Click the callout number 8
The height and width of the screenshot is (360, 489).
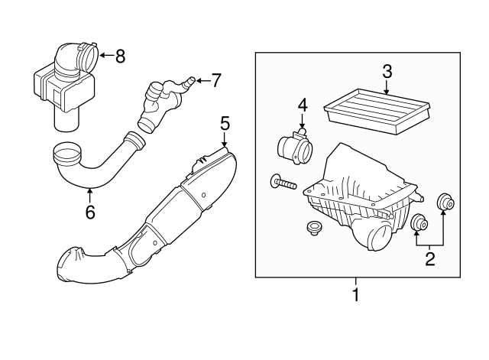tap(120, 57)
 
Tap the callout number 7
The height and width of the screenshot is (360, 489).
tap(215, 80)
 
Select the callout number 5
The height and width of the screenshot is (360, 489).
tap(225, 124)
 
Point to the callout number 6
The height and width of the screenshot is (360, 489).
tap(90, 212)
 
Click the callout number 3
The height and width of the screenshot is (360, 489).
tap(387, 71)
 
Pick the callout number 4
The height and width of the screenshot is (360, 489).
tap(303, 105)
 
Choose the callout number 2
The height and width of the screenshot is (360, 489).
tap(430, 259)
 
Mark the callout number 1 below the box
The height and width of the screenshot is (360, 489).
tap(356, 295)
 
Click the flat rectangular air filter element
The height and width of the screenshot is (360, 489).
tap(377, 111)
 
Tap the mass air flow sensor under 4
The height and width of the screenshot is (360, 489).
tap(293, 146)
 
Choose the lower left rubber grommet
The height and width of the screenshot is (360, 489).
tap(418, 223)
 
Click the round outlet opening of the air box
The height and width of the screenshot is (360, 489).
tap(381, 238)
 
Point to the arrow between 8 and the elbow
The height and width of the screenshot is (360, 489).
tap(107, 56)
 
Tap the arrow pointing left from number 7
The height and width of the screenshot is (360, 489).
tap(203, 80)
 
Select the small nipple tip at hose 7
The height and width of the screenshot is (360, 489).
tap(190, 79)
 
